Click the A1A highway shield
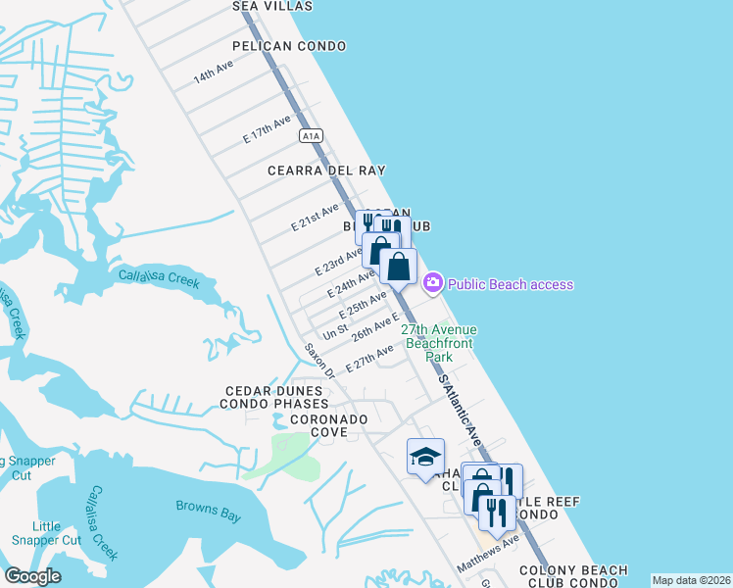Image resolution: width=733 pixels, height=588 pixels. pyautogui.click(x=311, y=135)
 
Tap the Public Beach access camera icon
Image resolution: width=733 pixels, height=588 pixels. pyautogui.click(x=432, y=283)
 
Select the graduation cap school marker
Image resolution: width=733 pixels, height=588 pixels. pyautogui.click(x=425, y=457)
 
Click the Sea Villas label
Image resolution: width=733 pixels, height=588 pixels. pyautogui.click(x=272, y=6)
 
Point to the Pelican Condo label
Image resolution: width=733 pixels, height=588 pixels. pyautogui.click(x=290, y=46)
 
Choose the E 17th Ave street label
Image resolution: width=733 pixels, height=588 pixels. pyautogui.click(x=267, y=131)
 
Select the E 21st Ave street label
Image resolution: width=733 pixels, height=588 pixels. pyautogui.click(x=315, y=218)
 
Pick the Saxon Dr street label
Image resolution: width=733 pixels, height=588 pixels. pyautogui.click(x=319, y=361)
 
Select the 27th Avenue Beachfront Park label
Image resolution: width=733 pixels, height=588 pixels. pyautogui.click(x=437, y=344)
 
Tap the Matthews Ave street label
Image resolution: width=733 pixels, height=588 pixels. pyautogui.click(x=487, y=555)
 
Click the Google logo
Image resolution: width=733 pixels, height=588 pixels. pyautogui.click(x=32, y=576)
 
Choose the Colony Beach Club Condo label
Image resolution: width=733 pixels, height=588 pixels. pyautogui.click(x=568, y=576)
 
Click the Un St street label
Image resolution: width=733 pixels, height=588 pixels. pyautogui.click(x=335, y=333)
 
